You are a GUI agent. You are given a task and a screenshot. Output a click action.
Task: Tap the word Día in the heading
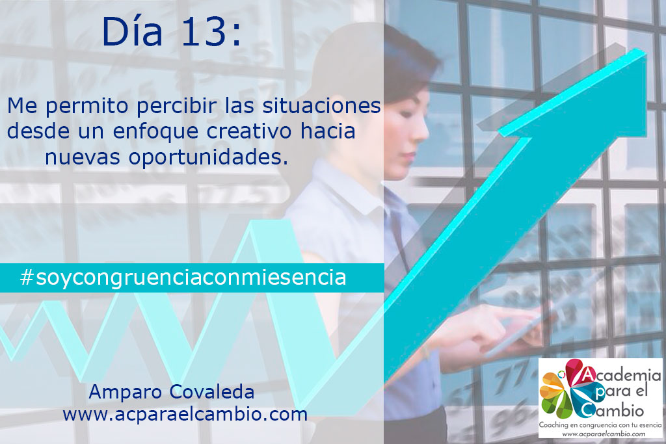[133, 33]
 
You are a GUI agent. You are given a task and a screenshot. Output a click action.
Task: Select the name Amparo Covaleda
[171, 393]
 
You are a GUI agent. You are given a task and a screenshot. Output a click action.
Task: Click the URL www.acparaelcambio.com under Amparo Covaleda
[185, 414]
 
